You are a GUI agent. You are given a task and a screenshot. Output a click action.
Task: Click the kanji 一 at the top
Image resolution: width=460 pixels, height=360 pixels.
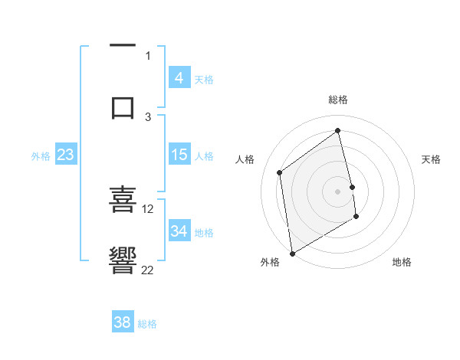tap(123, 47)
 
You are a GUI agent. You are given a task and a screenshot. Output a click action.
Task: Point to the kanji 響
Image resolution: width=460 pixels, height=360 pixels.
tap(123, 260)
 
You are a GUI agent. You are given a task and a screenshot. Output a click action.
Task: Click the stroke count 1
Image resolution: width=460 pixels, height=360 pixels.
tap(148, 55)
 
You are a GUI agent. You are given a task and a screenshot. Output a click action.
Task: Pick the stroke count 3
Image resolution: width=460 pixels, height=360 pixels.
tap(148, 116)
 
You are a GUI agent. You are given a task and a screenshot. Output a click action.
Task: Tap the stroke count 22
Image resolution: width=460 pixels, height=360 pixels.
tap(148, 270)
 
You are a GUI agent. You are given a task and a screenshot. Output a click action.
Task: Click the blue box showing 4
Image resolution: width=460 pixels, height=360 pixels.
tap(179, 78)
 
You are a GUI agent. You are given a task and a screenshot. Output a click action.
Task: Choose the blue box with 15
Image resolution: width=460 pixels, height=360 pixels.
tap(179, 155)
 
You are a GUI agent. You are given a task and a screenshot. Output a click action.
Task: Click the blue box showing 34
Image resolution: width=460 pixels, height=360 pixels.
tap(179, 231)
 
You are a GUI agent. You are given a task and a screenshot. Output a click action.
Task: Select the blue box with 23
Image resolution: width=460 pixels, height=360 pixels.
tap(65, 155)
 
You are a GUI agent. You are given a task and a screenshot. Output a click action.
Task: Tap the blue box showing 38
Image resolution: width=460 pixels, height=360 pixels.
tap(122, 322)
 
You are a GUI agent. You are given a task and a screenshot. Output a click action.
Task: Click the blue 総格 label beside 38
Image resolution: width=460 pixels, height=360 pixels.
tap(147, 324)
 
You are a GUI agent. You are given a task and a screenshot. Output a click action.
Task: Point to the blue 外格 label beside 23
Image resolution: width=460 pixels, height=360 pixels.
tap(41, 156)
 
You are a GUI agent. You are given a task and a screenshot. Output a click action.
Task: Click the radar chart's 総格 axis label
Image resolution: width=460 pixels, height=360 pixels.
tap(338, 100)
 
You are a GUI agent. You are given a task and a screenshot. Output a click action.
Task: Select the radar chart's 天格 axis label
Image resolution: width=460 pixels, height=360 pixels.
tap(431, 159)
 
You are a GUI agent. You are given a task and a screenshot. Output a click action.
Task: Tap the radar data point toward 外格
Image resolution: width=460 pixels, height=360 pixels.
tap(291, 253)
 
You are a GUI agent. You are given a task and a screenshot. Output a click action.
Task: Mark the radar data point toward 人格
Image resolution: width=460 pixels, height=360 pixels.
tap(280, 172)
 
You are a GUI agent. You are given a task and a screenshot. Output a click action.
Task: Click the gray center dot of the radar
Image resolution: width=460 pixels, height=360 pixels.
tap(337, 190)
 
